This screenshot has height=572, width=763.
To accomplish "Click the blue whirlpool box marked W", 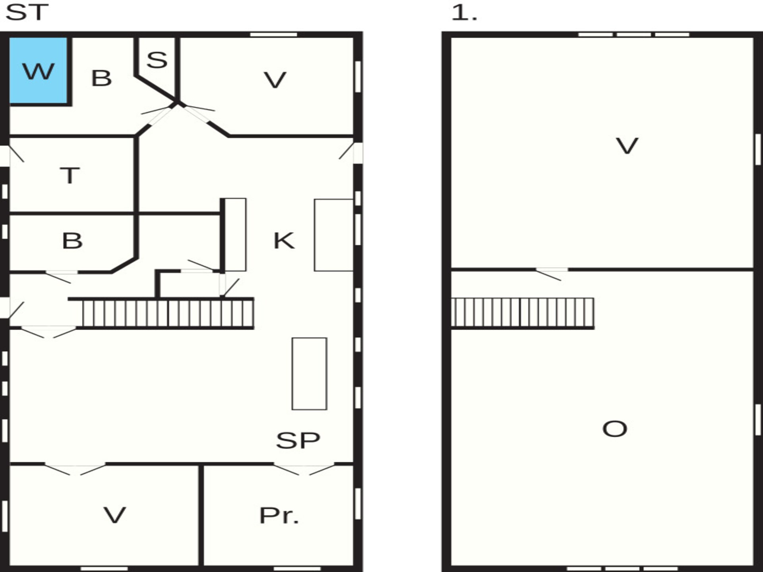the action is click(38, 70).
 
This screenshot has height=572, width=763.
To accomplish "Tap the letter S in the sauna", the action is click(157, 60).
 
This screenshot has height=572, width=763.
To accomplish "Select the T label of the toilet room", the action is click(70, 176).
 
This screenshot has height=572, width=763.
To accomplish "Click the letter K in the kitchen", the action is click(284, 241).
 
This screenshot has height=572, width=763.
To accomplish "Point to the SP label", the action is click(298, 440).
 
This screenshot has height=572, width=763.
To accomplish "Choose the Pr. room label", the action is click(279, 516).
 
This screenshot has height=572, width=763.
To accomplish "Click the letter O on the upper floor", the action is click(615, 429).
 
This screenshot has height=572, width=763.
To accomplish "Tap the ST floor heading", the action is click(27, 12).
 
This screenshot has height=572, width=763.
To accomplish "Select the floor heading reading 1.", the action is click(464, 12).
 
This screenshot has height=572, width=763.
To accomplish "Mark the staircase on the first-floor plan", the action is click(523, 313).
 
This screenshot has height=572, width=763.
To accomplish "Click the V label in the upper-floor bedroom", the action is click(627, 146).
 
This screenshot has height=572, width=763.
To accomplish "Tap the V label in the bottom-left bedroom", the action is click(115, 515).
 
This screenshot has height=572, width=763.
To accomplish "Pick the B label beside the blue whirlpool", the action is click(101, 78).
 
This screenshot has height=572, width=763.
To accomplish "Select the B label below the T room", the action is click(72, 241).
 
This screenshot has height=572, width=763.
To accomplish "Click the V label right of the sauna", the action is click(275, 80).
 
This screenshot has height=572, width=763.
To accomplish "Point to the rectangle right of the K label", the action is click(334, 235).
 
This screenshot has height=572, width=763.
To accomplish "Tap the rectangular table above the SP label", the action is click(310, 374).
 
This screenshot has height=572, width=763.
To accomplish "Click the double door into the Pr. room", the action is click(304, 469).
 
